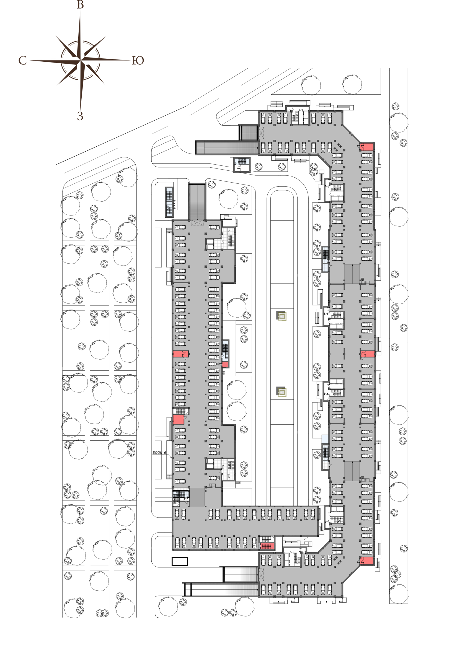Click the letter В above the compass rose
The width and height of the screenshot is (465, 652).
coord(81,5)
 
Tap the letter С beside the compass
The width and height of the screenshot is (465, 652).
coord(23,60)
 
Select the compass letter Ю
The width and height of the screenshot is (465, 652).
coord(138,60)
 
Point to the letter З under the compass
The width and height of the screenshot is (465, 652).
coord(80,116)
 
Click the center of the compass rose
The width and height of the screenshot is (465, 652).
coord(81,60)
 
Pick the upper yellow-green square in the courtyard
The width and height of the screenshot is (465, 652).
coord(281,316)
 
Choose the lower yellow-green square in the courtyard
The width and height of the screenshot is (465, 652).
coord(281,392)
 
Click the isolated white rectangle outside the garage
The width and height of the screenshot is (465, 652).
coord(180,562)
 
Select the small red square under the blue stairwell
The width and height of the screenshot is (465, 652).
coord(225,365)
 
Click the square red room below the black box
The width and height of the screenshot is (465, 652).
coord(178,419)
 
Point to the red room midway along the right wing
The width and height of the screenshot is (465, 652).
coord(368,354)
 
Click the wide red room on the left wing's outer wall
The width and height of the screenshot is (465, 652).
coord(180,354)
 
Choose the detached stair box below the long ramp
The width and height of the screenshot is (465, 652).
coord(241,165)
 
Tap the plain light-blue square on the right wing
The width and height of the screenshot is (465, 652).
coord(325,439)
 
